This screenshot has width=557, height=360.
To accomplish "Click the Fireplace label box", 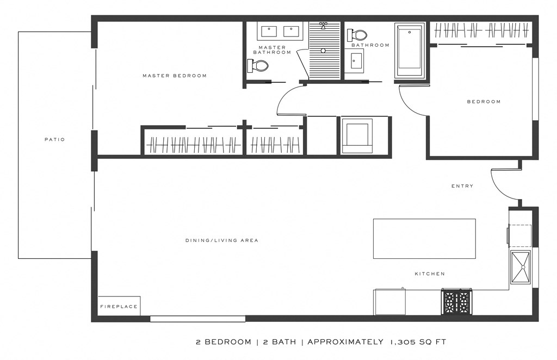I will point(119,306).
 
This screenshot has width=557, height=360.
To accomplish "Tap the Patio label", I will point(54,140).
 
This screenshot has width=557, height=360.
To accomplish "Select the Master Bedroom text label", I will point(174,76).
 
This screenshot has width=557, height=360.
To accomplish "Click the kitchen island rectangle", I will point(424,238).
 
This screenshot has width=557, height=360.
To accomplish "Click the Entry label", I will point(462,186).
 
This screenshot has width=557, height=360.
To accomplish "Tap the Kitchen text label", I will point(430,274).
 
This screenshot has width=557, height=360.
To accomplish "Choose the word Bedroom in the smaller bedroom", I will point(484,102).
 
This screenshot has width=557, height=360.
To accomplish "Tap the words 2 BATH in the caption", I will point(281,342).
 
